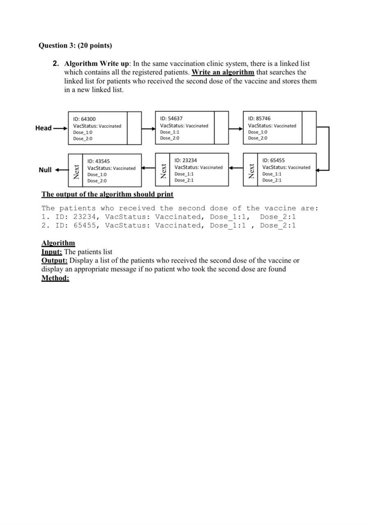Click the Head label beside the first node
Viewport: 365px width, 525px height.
pos(44,128)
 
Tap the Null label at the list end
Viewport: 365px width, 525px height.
pos(45,170)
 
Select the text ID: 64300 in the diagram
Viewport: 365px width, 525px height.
pos(85,119)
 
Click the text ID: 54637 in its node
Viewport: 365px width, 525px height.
pos(171,119)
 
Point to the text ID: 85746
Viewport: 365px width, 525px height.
pos(259,119)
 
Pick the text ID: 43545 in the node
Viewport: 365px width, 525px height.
pos(99,161)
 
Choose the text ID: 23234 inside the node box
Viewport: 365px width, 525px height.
pos(186,160)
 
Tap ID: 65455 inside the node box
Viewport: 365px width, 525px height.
pos(273,160)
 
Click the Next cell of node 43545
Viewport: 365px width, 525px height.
pos(76,170)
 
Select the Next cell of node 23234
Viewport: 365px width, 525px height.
pos(163,170)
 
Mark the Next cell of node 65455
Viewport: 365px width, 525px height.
pos(251,170)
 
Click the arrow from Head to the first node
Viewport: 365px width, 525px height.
pos(60,128)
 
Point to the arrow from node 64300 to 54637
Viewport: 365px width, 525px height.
pos(148,129)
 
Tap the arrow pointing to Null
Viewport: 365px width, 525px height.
pos(61,170)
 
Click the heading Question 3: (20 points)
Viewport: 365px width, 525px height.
pos(75,46)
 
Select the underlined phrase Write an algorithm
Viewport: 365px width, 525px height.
pos(223,73)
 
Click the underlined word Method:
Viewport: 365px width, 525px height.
pos(55,278)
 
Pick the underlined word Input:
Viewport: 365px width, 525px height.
pos(52,252)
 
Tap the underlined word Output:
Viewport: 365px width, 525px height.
pos(54,260)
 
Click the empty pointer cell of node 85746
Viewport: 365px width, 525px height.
pos(309,128)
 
